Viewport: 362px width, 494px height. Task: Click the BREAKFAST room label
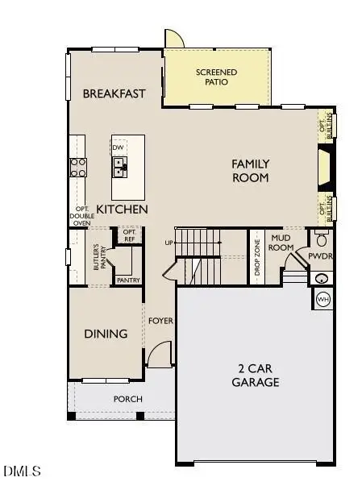point(114,93)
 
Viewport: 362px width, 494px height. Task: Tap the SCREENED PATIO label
point(218,77)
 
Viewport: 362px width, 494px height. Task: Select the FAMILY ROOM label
point(250,171)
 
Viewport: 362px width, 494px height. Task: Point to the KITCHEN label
point(123,210)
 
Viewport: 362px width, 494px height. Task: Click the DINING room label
point(106,334)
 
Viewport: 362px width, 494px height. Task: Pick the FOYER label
point(161,321)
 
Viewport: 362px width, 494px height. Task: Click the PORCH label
point(127,399)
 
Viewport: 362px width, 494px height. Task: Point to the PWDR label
point(322,258)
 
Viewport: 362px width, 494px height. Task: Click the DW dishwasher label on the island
point(119,147)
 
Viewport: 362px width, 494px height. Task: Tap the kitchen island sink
point(119,168)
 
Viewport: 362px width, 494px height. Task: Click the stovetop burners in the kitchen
point(79,167)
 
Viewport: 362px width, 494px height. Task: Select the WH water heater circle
point(322,300)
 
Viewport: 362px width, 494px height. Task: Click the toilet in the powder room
point(322,239)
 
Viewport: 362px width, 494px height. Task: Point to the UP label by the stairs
point(169,243)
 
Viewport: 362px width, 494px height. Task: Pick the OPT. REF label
point(128,235)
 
